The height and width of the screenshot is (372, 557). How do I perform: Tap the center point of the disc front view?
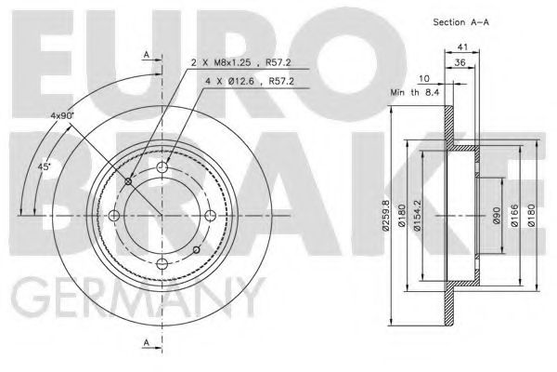pos(162,217)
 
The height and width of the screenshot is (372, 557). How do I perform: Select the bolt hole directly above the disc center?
pos(162,168)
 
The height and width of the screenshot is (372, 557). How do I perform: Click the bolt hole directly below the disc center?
pos(162,265)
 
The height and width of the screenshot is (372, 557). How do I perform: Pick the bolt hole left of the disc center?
pos(114,217)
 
